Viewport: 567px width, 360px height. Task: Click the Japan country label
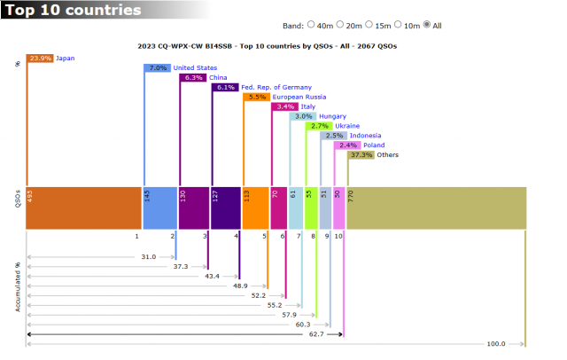(66, 59)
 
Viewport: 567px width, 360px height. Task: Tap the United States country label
(195, 67)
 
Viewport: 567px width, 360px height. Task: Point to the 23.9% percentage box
(41, 59)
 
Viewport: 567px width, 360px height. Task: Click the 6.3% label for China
(193, 77)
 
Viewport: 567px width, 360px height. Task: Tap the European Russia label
(299, 97)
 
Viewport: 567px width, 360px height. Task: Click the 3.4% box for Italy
(286, 106)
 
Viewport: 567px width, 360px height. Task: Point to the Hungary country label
(333, 116)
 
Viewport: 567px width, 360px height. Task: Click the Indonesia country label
(366, 136)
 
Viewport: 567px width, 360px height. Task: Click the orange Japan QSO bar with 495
(85, 207)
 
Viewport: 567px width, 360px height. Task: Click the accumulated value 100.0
(497, 344)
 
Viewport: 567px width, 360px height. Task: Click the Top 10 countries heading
(70, 11)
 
